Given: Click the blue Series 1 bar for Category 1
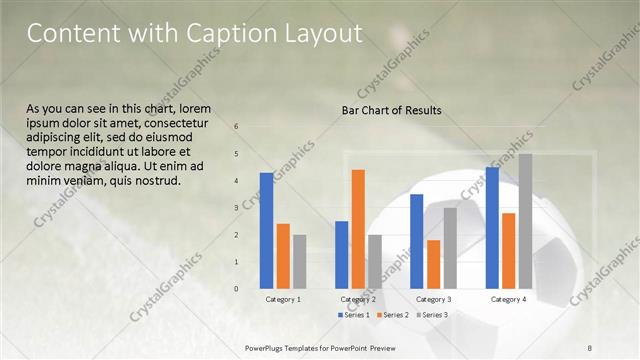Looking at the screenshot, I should click(266, 230).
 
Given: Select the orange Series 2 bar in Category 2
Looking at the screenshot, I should click(358, 229).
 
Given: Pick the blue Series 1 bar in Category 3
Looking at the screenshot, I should click(417, 241).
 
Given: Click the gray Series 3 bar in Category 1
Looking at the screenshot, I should click(299, 262).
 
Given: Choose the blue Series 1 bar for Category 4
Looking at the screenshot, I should click(492, 227).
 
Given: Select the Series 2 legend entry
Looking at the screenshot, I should click(392, 315).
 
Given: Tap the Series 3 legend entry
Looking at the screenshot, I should click(431, 315).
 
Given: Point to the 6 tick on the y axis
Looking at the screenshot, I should click(236, 127).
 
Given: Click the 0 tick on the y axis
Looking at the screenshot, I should click(236, 288).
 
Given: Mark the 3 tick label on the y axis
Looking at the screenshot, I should click(236, 208).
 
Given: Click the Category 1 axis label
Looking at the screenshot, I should click(283, 299).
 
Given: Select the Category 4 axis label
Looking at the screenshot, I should click(509, 299).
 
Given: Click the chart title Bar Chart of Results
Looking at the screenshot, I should click(391, 110).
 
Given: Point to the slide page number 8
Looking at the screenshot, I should click(590, 347).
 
